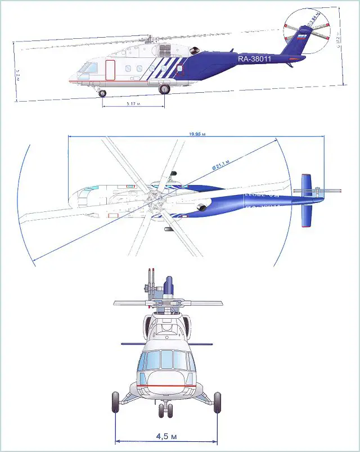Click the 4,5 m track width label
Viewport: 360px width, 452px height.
pyautogui.click(x=167, y=435)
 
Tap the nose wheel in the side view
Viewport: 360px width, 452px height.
pyautogui.click(x=102, y=93)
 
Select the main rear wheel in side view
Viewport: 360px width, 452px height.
pyautogui.click(x=165, y=89)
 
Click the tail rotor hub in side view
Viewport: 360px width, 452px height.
pyautogui.click(x=307, y=34)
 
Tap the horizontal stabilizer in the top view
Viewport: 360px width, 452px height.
pyautogui.click(x=307, y=200)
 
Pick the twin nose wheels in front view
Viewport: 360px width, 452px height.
pyautogui.click(x=166, y=410)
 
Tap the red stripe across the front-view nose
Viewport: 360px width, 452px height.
pyautogui.click(x=166, y=386)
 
